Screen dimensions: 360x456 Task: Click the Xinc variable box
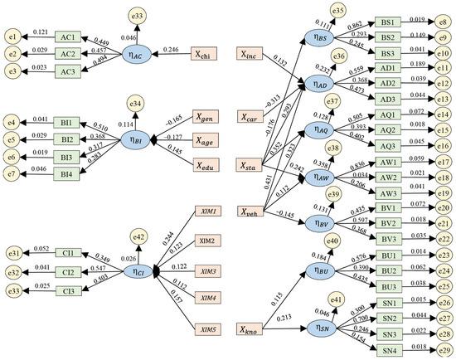[x=253, y=53]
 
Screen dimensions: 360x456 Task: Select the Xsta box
[x=253, y=165]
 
